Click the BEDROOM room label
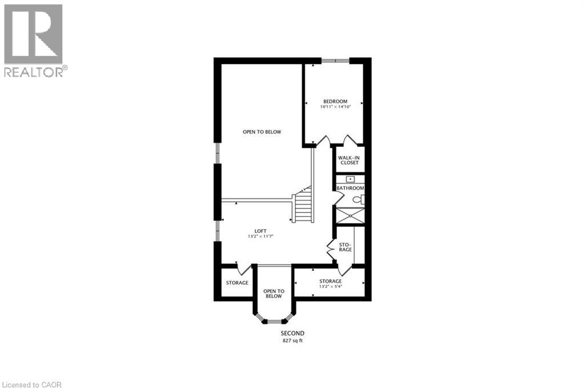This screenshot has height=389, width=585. tap(334, 101)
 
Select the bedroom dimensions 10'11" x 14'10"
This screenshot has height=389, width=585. tap(334, 106)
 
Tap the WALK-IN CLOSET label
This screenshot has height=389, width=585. tap(348, 160)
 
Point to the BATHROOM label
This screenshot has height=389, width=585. tap(350, 188)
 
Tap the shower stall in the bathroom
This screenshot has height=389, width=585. tap(349, 215)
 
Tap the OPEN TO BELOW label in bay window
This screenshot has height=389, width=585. tap(273, 294)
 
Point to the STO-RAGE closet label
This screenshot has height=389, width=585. tap(344, 247)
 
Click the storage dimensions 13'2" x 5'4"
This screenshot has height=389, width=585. tap(330, 286)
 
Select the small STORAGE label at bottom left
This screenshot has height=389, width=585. tap(237, 283)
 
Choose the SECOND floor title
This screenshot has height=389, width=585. tap(292, 333)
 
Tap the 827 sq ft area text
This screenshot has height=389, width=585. tap(292, 341)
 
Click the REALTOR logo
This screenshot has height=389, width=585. tap(34, 39)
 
